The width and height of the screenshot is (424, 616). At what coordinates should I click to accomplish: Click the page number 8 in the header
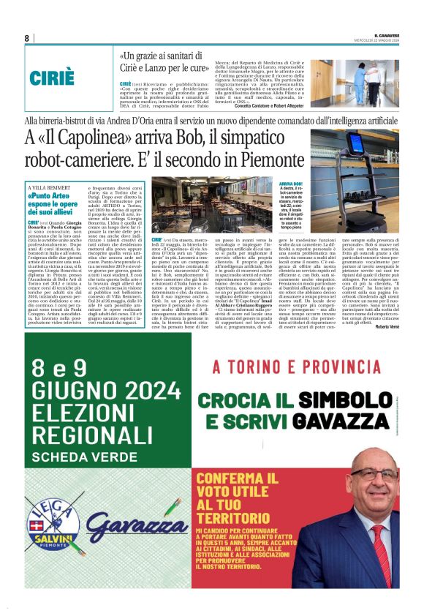coord(27,38)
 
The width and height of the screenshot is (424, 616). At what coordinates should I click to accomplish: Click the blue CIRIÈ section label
coord(53,79)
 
